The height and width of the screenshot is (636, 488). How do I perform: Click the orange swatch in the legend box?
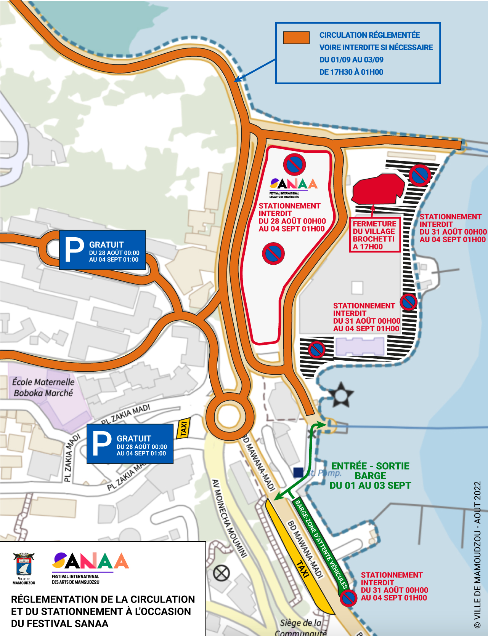(296, 38)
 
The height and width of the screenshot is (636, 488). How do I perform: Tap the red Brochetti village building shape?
(377, 189)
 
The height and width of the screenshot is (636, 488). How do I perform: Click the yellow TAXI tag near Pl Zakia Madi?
(183, 428)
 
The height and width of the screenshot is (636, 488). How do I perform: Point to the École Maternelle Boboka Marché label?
(43, 387)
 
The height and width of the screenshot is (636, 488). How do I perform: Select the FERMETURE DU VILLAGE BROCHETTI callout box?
(374, 235)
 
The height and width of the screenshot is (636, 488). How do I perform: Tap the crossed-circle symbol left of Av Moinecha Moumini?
(221, 573)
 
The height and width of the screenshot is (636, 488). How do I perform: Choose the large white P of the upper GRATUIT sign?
(74, 250)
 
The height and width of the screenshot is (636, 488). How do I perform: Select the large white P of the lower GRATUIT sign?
(102, 444)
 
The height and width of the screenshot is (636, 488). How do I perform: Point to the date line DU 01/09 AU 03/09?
(351, 60)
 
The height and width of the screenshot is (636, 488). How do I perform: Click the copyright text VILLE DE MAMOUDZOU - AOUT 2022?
(477, 554)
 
